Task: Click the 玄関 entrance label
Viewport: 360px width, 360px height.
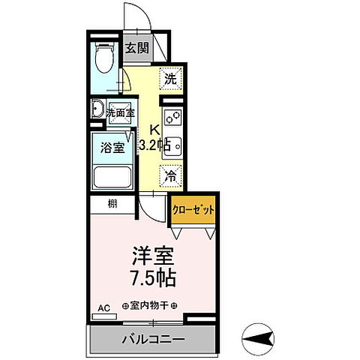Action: pos(137,49)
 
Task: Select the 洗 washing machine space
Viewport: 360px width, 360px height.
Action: pos(171,77)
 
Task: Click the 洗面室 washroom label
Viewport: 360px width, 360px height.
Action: pos(120,112)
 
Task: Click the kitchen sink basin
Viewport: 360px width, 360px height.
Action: pos(170,144)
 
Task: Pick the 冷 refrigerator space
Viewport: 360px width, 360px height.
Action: pos(171,178)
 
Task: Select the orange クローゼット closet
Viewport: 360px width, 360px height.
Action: pos(193,210)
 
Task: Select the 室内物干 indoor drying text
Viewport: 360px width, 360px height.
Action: pos(150,305)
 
